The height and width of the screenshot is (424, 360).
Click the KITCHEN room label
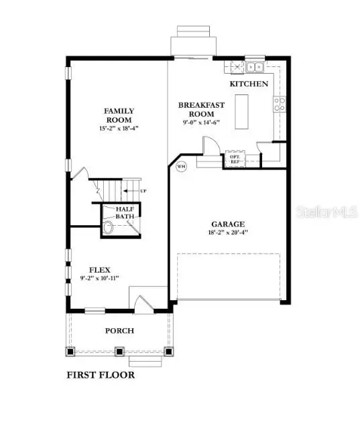coord(249,84)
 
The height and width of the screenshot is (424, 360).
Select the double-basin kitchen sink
coord(255,67)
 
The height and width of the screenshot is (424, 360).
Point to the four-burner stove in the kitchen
coord(280,103)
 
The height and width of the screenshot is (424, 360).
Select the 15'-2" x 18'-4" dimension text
coord(119,127)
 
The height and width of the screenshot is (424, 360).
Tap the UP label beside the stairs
coord(143,192)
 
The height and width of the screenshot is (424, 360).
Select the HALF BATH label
coord(125,212)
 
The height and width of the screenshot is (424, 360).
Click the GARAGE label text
coord(229,224)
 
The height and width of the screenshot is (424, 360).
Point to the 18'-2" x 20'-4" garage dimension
coord(229,234)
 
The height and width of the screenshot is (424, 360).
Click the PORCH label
coord(119,331)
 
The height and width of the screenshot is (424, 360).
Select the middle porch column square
coord(119,350)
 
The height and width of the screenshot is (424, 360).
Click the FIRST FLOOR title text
coord(100,375)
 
